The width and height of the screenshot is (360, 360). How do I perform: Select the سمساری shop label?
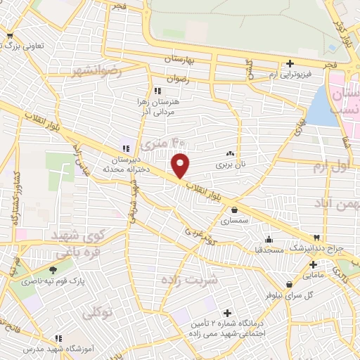pos(234,220)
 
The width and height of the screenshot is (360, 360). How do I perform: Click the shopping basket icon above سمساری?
pos(234,209)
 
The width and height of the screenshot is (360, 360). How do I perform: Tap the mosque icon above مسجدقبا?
pos(269,238)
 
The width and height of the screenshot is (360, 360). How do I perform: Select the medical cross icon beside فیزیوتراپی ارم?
pos(290,64)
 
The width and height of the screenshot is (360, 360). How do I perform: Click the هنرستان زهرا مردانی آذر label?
pos(157,107)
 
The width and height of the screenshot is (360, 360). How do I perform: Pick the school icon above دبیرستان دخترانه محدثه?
pos(124,148)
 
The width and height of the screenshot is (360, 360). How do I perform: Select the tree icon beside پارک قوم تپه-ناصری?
pos(53,270)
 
